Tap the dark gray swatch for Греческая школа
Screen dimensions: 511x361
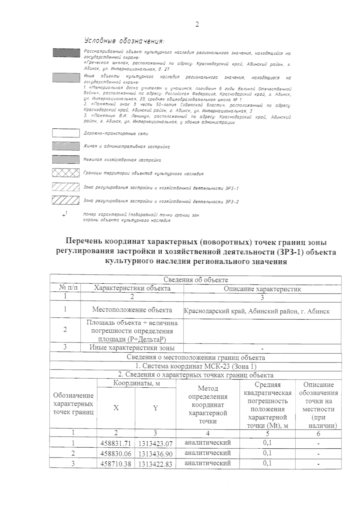pyautogui.click(x=66, y=53)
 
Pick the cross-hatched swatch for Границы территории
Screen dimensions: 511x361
pyautogui.click(x=66, y=174)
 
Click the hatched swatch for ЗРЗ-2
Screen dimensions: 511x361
pyautogui.click(x=66, y=200)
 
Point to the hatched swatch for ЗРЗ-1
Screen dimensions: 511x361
pyautogui.click(x=66, y=187)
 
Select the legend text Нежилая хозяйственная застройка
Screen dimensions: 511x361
pyautogui.click(x=122, y=160)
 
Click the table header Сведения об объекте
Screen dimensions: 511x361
pyautogui.click(x=196, y=280)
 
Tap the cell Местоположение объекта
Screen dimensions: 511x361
pyautogui.click(x=132, y=310)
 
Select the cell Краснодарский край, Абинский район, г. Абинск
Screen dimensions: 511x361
pyautogui.click(x=257, y=311)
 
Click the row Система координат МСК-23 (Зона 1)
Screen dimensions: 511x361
pyautogui.click(x=196, y=366)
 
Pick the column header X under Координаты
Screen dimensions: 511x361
pyautogui.click(x=116, y=408)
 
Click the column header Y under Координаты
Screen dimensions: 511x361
pyautogui.click(x=155, y=408)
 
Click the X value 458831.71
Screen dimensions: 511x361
pyautogui.click(x=116, y=443)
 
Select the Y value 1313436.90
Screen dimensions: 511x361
pyautogui.click(x=155, y=454)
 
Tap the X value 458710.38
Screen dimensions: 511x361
pyautogui.click(x=116, y=464)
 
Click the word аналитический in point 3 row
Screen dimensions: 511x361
pyautogui.click(x=208, y=463)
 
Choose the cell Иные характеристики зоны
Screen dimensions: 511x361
pyautogui.click(x=132, y=348)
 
